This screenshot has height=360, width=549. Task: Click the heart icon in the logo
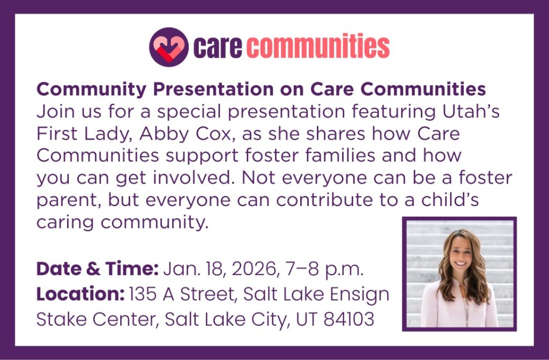pyautogui.click(x=169, y=47)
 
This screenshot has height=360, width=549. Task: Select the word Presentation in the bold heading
pyautogui.click(x=213, y=89)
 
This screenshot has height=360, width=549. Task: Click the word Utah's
pyautogui.click(x=471, y=112)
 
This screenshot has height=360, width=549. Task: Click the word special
pyautogui.click(x=189, y=112)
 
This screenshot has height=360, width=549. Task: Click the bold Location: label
pyautogui.click(x=80, y=294)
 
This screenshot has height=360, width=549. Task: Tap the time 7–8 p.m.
pyautogui.click(x=324, y=269)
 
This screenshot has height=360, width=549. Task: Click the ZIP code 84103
pyautogui.click(x=348, y=319)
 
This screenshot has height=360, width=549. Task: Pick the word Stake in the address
pyautogui.click(x=62, y=319)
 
